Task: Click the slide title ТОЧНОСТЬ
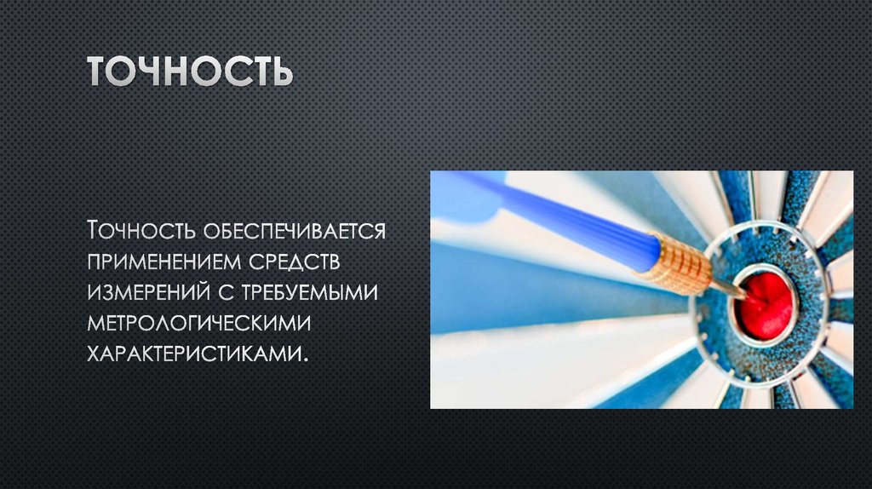190,72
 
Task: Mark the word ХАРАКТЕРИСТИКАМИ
192,352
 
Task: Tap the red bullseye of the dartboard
765,302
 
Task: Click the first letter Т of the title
100,72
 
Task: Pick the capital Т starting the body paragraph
95,230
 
